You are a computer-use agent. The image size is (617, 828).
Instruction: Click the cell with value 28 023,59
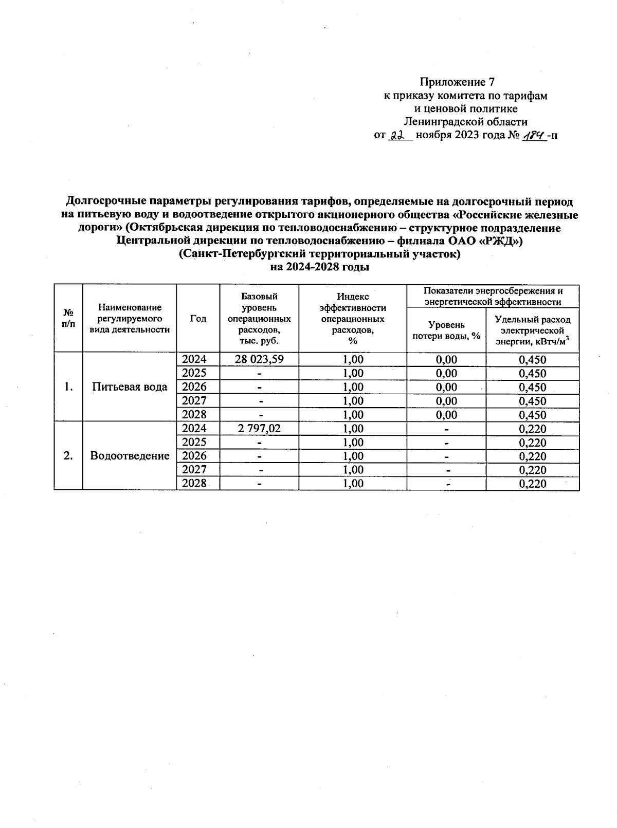click(x=259, y=359)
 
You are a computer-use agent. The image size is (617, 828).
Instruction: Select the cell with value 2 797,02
click(x=259, y=428)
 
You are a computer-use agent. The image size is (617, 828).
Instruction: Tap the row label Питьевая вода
click(x=130, y=387)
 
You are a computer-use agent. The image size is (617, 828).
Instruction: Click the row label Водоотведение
click(x=130, y=456)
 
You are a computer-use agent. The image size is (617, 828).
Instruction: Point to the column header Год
click(x=198, y=319)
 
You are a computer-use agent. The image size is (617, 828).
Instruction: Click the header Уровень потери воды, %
click(x=446, y=330)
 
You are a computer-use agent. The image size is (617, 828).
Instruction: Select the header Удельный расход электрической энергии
click(x=532, y=330)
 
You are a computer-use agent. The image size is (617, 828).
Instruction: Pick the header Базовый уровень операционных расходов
click(x=259, y=319)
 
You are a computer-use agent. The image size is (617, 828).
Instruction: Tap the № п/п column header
click(x=68, y=319)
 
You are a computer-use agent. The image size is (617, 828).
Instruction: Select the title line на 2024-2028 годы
click(x=320, y=267)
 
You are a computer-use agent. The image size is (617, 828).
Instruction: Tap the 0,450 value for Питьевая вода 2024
click(x=532, y=360)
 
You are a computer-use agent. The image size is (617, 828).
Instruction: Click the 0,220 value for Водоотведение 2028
click(x=532, y=484)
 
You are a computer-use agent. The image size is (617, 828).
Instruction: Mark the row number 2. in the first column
click(x=68, y=456)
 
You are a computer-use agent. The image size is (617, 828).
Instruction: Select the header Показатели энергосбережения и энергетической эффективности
click(x=493, y=296)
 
